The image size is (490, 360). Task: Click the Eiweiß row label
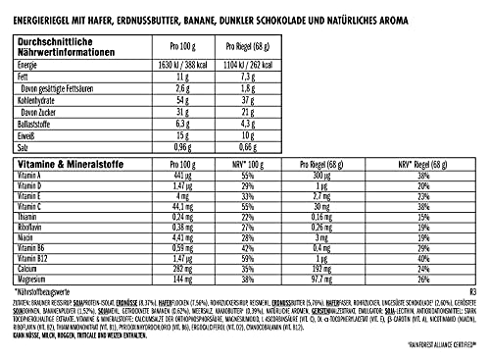click(x=29, y=137)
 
